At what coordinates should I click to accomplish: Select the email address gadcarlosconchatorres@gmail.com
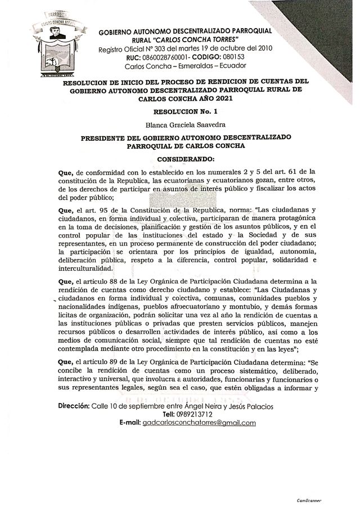coord(199,422)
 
